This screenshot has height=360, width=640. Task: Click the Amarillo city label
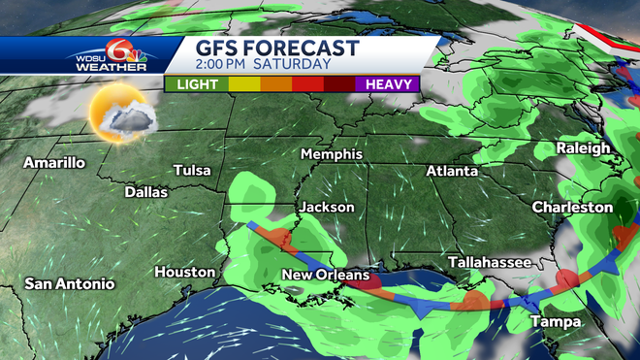[54, 162]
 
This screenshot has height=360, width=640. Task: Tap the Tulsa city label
[192, 171]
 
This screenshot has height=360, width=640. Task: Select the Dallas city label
[146, 192]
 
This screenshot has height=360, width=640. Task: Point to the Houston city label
[184, 272]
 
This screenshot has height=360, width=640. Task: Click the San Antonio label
[70, 284]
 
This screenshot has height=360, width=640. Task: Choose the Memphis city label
[332, 154]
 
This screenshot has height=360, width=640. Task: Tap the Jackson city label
[327, 207]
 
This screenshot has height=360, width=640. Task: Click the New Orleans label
[325, 276]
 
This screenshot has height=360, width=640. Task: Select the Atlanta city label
[452, 172]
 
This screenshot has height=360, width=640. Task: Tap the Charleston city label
[572, 208]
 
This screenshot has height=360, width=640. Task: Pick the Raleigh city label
[584, 148]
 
